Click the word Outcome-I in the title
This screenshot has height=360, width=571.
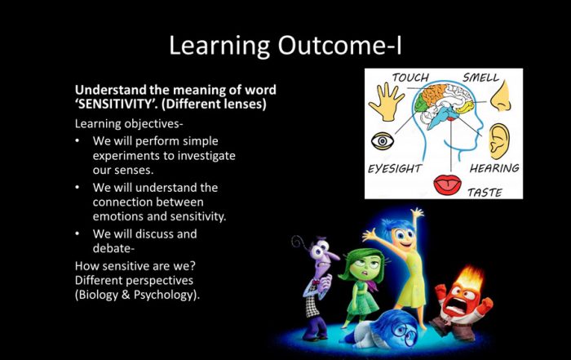tap(340, 45)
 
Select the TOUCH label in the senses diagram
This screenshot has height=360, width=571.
tap(410, 78)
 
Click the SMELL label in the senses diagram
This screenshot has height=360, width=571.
tap(480, 78)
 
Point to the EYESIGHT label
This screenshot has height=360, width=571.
tap(394, 169)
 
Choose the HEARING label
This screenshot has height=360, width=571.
tap(494, 168)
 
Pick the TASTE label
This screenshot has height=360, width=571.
tap(485, 193)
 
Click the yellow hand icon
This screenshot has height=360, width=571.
tap(386, 102)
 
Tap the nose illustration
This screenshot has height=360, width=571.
tap(502, 96)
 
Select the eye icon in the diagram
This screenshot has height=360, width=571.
tap(383, 140)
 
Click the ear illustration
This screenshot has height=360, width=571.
tap(498, 141)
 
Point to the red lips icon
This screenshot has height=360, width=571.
tap(448, 184)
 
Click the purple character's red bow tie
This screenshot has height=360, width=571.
tap(316, 282)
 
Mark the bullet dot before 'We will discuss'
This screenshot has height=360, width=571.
tap(77, 233)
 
